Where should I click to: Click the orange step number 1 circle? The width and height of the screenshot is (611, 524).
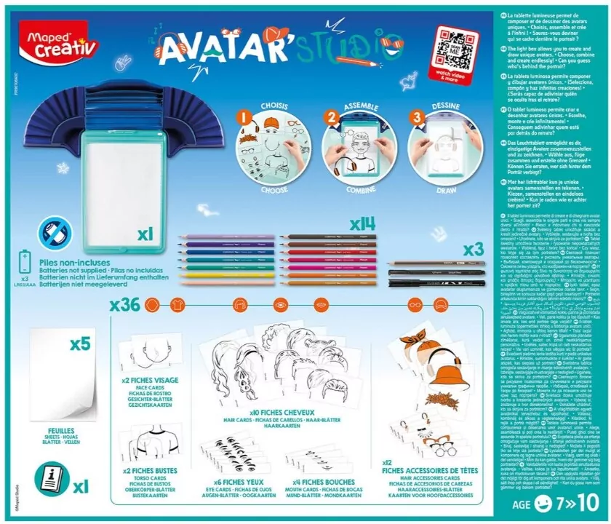(x=245, y=116)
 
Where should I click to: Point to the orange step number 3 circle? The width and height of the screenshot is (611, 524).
(x=417, y=116)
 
